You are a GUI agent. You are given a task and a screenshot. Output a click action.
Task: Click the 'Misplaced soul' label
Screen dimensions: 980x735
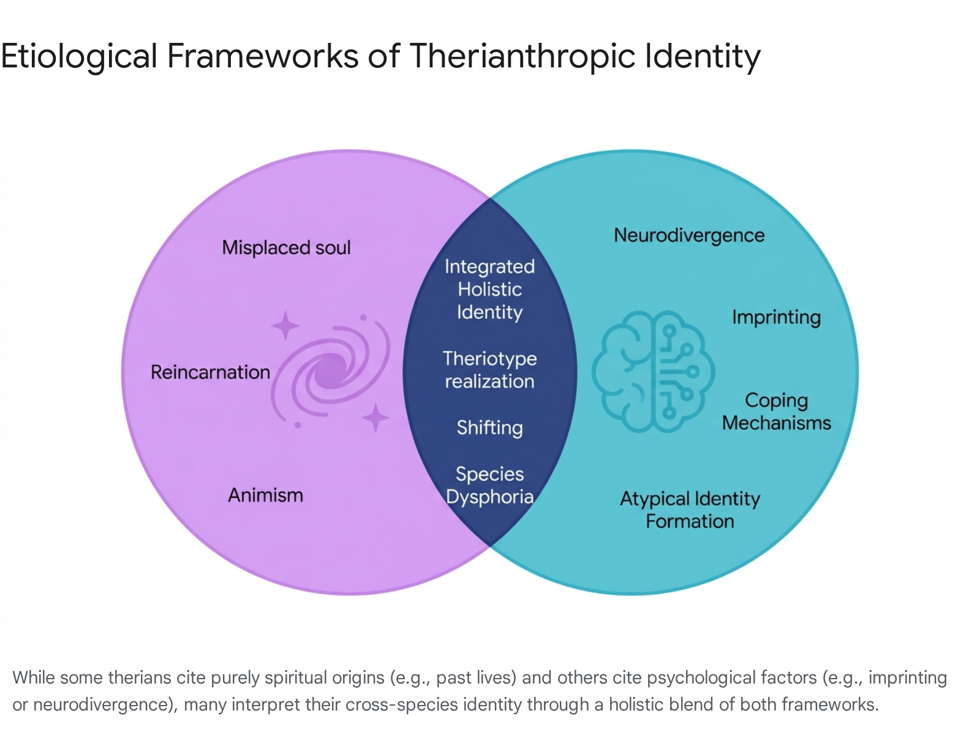pyautogui.click(x=286, y=247)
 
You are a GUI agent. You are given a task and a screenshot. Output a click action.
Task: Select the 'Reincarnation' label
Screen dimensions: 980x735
pyautogui.click(x=210, y=372)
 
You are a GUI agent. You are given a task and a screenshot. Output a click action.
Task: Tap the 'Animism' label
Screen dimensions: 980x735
pyautogui.click(x=266, y=496)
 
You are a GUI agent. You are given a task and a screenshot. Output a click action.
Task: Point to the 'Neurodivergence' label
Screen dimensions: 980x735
pyautogui.click(x=689, y=236)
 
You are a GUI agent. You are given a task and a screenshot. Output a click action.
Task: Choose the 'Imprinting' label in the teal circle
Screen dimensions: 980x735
pyautogui.click(x=777, y=318)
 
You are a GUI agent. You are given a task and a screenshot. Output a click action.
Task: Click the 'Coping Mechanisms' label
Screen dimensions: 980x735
pyautogui.click(x=777, y=412)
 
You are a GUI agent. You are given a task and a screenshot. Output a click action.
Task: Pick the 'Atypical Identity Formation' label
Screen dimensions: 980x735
pyautogui.click(x=690, y=510)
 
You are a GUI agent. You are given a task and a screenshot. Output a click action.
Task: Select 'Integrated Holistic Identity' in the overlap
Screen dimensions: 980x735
pyautogui.click(x=490, y=290)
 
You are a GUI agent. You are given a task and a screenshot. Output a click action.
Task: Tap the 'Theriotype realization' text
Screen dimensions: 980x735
pyautogui.click(x=490, y=370)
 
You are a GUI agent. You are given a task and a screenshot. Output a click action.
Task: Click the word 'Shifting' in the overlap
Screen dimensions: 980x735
pyautogui.click(x=490, y=428)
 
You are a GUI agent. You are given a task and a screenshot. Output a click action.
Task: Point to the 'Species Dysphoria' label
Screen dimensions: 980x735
pyautogui.click(x=490, y=486)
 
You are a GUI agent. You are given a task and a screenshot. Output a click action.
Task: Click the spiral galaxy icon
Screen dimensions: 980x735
pyautogui.click(x=330, y=372)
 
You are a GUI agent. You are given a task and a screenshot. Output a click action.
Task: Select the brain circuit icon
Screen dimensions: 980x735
pyautogui.click(x=653, y=371)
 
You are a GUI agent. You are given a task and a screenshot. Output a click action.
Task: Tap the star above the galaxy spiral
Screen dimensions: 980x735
pyautogui.click(x=285, y=326)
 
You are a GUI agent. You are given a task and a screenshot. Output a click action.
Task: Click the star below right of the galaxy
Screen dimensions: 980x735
pyautogui.click(x=375, y=418)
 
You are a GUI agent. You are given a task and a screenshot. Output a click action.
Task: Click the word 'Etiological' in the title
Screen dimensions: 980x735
pyautogui.click(x=79, y=57)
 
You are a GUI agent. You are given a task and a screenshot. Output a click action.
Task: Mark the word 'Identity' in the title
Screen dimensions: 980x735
pyautogui.click(x=703, y=57)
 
